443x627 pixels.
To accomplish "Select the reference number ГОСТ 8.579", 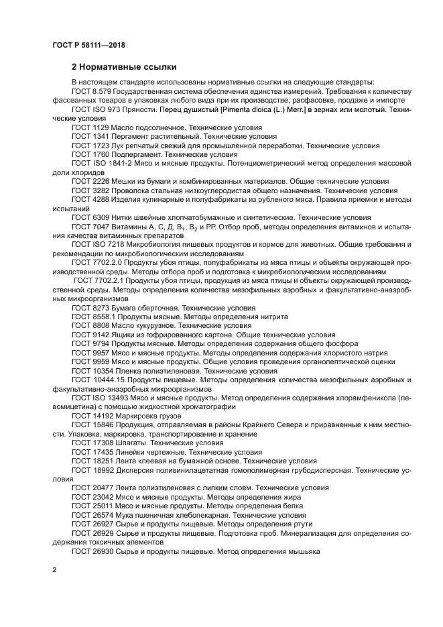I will (92, 91).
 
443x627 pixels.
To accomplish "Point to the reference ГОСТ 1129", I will (90, 127).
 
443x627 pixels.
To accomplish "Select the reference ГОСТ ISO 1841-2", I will (101, 163).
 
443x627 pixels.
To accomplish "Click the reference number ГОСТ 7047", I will (90, 227).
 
